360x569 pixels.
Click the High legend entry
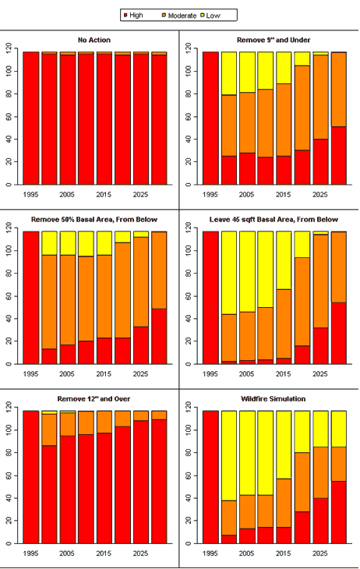click(x=133, y=16)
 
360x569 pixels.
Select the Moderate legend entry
click(x=179, y=16)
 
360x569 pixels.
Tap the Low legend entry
click(x=210, y=16)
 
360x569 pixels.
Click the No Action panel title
click(x=94, y=40)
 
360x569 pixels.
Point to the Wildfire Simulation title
click(x=274, y=399)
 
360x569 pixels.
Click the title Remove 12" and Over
click(x=94, y=399)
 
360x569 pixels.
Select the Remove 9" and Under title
click(x=274, y=40)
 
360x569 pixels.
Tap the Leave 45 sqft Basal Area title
click(x=274, y=220)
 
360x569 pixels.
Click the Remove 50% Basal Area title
click(x=94, y=220)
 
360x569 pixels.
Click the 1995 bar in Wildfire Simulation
click(x=210, y=477)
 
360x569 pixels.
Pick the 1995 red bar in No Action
click(x=31, y=118)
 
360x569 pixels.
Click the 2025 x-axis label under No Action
click(x=140, y=195)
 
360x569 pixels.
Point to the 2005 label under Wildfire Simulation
click(x=247, y=553)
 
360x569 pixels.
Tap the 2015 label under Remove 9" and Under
click(x=284, y=195)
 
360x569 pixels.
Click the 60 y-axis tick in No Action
click(x=9, y=116)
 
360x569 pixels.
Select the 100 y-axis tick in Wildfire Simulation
click(x=189, y=430)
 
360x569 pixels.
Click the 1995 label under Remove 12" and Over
click(x=31, y=553)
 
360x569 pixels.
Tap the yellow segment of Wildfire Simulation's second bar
click(x=229, y=456)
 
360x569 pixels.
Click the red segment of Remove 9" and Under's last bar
click(x=339, y=155)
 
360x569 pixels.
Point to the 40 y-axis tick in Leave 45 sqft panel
click(x=189, y=318)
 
